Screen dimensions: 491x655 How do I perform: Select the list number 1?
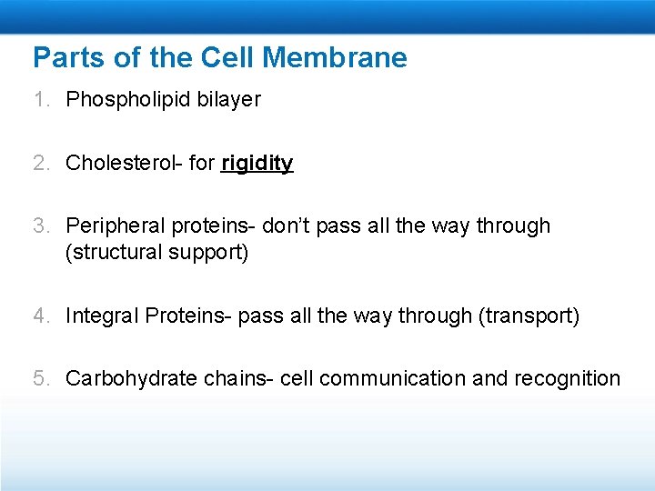[x=40, y=100]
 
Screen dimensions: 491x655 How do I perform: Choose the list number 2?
[x=40, y=164]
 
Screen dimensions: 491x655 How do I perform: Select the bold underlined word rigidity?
[x=257, y=164]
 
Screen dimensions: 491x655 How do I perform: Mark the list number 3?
[x=40, y=225]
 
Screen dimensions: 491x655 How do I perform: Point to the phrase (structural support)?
[x=156, y=252]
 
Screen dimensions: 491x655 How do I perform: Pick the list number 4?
[x=40, y=316]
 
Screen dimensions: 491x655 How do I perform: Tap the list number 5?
[x=40, y=378]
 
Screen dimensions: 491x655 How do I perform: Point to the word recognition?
[x=568, y=378]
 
